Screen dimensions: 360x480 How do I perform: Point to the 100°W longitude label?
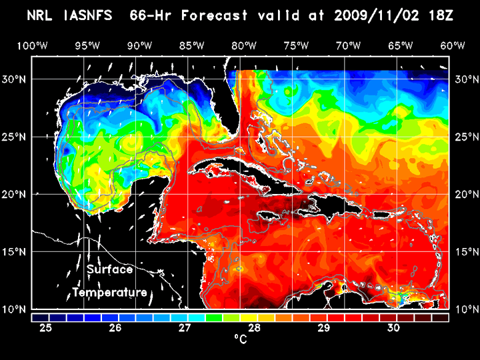click(31, 46)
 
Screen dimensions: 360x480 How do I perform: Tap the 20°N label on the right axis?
click(465, 194)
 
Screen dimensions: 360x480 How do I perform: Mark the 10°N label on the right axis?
click(465, 309)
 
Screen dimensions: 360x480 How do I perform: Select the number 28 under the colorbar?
click(255, 328)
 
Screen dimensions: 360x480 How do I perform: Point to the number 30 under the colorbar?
click(393, 328)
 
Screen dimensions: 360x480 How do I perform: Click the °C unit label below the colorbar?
click(240, 340)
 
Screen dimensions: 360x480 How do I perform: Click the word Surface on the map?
click(109, 270)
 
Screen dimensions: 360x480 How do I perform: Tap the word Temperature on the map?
click(110, 292)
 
